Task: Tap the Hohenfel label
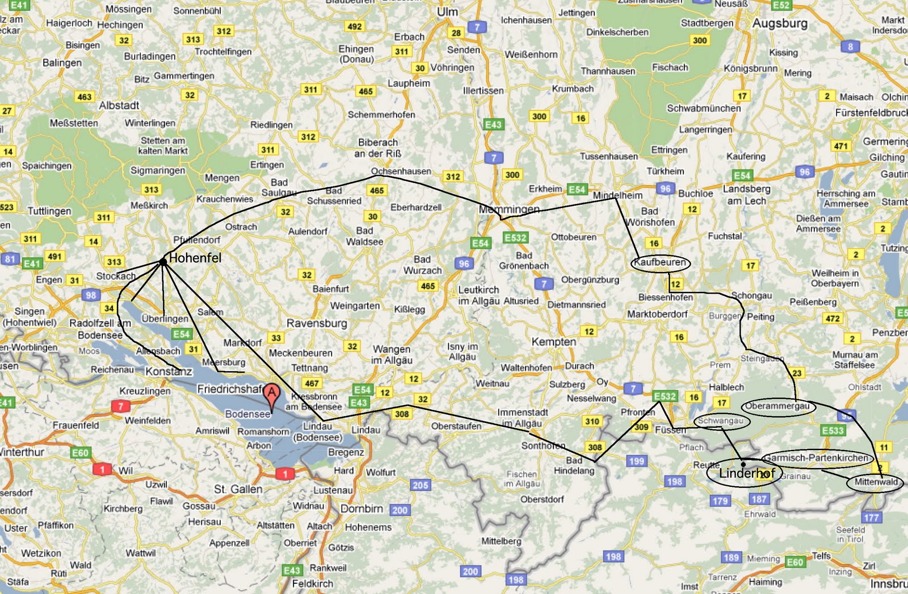click(x=195, y=258)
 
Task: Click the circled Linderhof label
click(x=746, y=473)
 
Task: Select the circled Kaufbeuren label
click(x=660, y=262)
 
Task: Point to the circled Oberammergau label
click(x=777, y=406)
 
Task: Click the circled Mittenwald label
click(x=876, y=482)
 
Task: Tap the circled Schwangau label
click(x=721, y=421)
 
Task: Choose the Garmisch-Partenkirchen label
click(x=816, y=457)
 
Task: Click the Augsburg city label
click(x=779, y=23)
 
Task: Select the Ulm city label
click(x=447, y=12)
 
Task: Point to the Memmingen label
click(x=509, y=209)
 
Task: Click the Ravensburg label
click(x=317, y=323)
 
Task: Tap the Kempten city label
click(x=553, y=341)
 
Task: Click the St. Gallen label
click(x=238, y=489)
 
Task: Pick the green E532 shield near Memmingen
click(x=515, y=237)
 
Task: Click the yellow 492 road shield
click(x=354, y=26)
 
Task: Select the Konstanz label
click(x=169, y=371)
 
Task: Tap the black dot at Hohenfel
click(x=163, y=262)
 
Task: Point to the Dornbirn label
click(x=361, y=508)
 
